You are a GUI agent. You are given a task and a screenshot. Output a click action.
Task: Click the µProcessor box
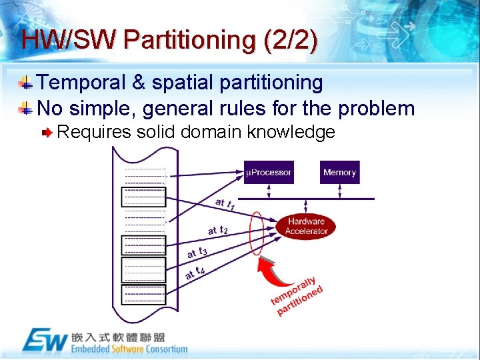(269, 172)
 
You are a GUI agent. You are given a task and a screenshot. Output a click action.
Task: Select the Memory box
(339, 172)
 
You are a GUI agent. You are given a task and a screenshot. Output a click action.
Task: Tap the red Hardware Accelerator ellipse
(306, 226)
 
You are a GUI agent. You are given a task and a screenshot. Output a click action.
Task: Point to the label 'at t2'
(217, 229)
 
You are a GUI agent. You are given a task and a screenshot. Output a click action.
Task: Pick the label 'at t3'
(197, 252)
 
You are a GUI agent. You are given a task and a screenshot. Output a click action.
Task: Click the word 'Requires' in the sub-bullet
(94, 132)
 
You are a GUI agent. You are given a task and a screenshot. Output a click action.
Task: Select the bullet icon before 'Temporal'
(25, 83)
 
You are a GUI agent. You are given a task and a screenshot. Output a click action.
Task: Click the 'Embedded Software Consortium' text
(129, 349)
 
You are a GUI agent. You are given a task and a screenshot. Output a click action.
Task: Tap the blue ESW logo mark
(45, 341)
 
